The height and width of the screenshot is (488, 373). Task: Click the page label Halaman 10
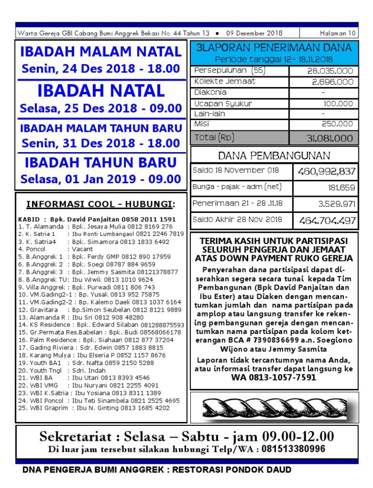[338, 34]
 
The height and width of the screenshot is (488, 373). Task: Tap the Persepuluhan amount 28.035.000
[330, 71]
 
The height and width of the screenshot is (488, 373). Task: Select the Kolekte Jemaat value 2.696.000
[332, 82]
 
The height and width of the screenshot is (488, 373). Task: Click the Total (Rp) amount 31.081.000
[329, 138]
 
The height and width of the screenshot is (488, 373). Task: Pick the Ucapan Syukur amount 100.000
[338, 104]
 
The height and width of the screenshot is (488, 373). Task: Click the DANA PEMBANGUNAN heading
[274, 156]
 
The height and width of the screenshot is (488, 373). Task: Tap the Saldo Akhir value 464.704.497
[327, 220]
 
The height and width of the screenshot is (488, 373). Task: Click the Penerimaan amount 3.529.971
[337, 203]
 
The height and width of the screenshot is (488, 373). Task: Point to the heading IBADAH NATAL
[101, 91]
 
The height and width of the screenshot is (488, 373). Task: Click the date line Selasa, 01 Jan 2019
[101, 179]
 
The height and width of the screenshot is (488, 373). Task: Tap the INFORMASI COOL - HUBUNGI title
[101, 204]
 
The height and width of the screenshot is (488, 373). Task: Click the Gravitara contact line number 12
[100, 310]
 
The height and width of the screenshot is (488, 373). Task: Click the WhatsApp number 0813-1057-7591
[273, 377]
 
